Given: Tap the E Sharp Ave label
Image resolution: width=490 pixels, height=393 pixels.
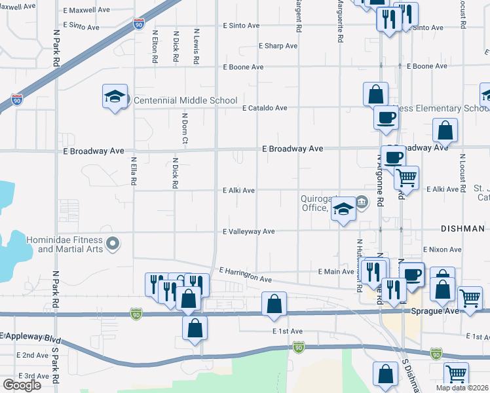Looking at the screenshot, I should coord(278,46).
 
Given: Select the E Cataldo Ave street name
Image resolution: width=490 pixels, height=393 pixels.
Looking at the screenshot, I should coord(265,108).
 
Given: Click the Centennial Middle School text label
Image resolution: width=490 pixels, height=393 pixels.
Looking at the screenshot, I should coord(185,100).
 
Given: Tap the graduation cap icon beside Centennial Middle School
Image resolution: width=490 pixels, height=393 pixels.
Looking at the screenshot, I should coord(115,97).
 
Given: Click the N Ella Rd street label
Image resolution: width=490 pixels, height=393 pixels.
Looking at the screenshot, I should coord(133,170).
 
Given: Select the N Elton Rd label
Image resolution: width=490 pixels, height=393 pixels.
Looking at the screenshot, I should coord(155,46).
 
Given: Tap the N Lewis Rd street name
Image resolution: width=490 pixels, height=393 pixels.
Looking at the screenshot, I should coord(196,46).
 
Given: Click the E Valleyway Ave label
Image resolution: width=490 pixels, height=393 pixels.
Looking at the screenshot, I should coord(249,231).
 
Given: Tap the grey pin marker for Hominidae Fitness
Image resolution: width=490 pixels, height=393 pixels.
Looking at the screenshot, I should coord(113,244).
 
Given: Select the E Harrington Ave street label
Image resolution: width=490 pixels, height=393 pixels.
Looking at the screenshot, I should coord(246,274).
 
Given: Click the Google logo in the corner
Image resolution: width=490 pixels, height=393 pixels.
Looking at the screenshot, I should coord(22,384).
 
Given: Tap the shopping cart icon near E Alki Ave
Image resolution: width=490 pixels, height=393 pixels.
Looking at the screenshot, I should coord(406,177).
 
